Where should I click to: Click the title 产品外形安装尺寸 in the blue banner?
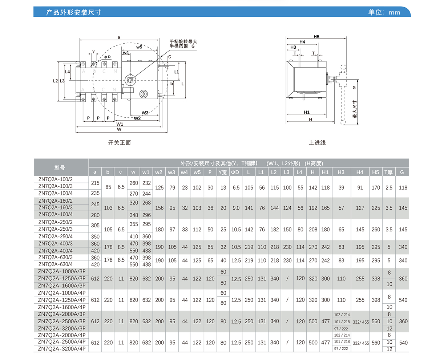click(x=74, y=12)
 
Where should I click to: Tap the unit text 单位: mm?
click(x=384, y=12)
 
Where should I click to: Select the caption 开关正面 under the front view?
click(x=119, y=143)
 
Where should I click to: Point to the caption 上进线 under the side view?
click(x=317, y=143)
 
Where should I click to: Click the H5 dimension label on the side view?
click(x=316, y=37)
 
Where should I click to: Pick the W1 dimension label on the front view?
click(x=120, y=124)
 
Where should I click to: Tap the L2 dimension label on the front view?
click(x=55, y=81)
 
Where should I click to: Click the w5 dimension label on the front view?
click(x=139, y=47)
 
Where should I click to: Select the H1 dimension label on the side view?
click(x=307, y=112)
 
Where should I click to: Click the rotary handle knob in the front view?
click(x=130, y=79)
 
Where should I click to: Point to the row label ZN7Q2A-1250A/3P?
click(x=61, y=279)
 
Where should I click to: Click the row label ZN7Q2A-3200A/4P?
click(x=61, y=349)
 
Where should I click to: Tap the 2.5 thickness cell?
click(x=389, y=188)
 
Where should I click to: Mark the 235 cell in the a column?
click(x=95, y=194)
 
